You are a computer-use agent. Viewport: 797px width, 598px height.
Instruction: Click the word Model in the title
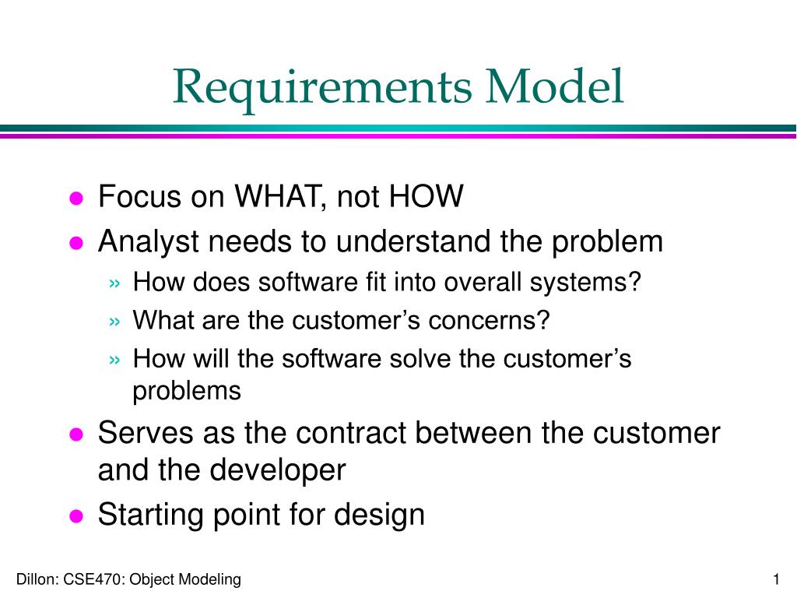coord(554,86)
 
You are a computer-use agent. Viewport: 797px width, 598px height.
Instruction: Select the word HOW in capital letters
coord(426,195)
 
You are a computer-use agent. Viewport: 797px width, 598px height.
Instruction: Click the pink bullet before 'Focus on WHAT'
coord(76,198)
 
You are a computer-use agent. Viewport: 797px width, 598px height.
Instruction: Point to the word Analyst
coord(148,242)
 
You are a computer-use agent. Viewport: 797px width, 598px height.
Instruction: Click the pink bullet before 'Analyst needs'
coord(76,243)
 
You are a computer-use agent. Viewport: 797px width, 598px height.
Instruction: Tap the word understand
coord(413,241)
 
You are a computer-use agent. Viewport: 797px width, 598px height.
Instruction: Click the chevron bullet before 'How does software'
coord(115,283)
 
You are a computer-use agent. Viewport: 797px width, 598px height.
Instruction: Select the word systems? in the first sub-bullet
coord(585,283)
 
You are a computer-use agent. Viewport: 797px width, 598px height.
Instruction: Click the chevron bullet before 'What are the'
coord(115,322)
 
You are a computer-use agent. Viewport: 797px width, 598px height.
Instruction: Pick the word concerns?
coord(489,320)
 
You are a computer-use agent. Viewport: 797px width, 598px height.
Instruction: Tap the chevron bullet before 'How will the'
coord(115,360)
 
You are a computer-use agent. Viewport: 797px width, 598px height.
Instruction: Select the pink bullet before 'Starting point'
coord(76,516)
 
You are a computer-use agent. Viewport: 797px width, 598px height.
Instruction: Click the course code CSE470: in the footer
coord(93,579)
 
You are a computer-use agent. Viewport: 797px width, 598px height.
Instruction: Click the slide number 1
coord(776,579)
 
